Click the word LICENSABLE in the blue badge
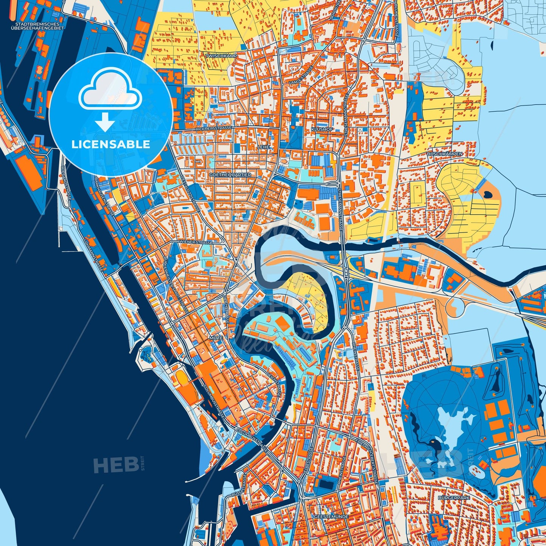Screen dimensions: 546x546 point(111,144)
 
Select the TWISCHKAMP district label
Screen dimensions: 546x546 point(221,56)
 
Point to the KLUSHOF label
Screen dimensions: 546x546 point(322,129)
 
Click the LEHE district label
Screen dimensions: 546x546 point(263,147)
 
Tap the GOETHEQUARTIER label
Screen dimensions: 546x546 point(230,175)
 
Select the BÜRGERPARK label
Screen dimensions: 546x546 point(454,498)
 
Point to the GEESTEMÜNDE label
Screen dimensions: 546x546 point(331,516)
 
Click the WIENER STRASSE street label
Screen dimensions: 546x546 point(196,242)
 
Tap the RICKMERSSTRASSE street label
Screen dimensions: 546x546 point(214,128)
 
